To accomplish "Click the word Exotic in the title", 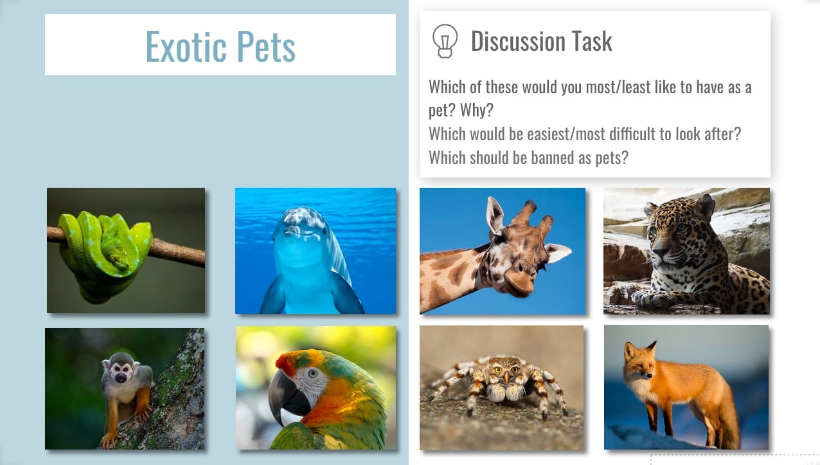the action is point(186,46).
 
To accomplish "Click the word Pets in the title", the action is point(266,46).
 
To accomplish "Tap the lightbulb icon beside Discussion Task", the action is point(445,41).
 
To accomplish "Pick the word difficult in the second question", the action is point(631,134).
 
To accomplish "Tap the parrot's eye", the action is point(313,374).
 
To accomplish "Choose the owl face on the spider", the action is point(506,370).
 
